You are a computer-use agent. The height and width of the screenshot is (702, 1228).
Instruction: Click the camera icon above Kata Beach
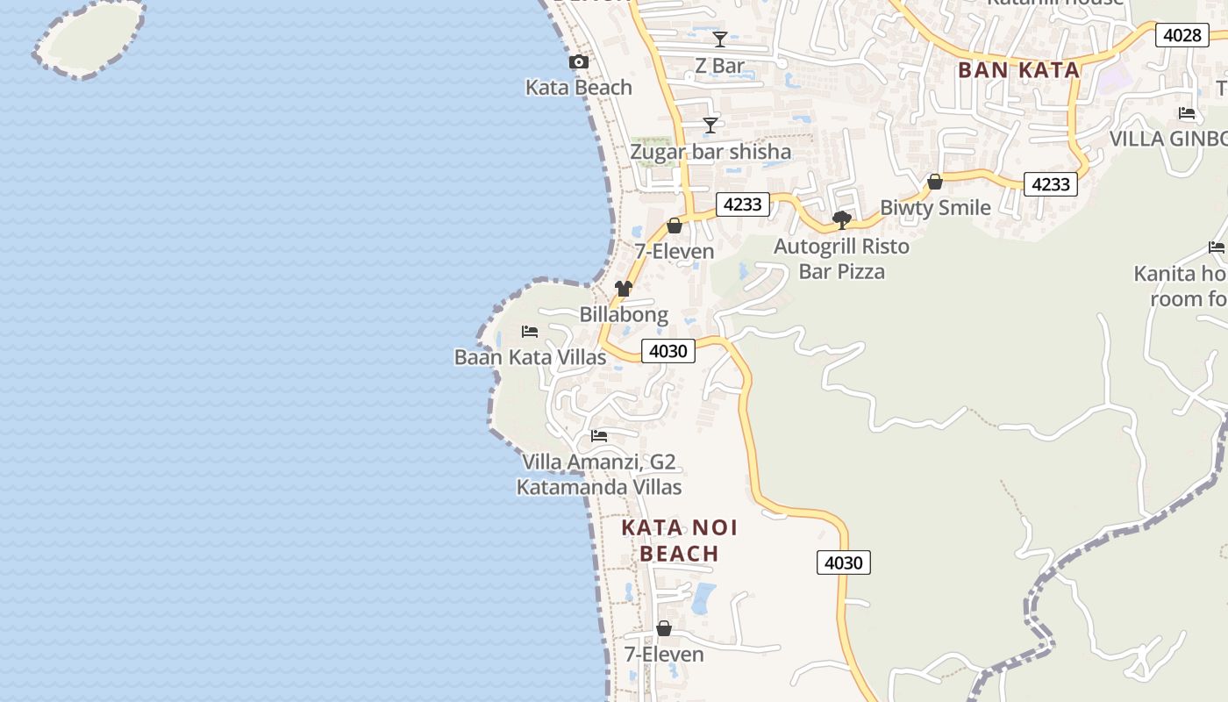[579, 62]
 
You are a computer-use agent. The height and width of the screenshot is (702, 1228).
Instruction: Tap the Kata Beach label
[579, 87]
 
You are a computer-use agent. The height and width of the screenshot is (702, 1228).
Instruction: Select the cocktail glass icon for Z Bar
[720, 39]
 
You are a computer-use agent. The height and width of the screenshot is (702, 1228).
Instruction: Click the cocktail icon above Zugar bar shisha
[710, 125]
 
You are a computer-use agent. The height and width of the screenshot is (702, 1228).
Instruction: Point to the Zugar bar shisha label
[710, 152]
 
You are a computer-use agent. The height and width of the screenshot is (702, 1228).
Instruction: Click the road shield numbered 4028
[1182, 35]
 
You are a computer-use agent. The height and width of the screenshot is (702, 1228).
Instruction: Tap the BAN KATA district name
[1018, 70]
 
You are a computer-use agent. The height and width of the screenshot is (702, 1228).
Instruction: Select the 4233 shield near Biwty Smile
[1050, 184]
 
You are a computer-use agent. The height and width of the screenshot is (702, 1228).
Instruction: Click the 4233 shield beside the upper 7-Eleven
[743, 204]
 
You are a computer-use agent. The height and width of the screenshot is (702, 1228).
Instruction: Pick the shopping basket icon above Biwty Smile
[935, 182]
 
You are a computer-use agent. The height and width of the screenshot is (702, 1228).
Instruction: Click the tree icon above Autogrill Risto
[842, 219]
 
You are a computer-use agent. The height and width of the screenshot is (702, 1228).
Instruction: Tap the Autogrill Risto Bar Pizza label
[842, 259]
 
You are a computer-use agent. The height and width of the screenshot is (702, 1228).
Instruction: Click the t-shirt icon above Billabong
[624, 289]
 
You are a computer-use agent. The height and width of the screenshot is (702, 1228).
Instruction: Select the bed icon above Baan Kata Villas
[530, 332]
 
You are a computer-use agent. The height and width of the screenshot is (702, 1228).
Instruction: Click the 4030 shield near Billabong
[668, 351]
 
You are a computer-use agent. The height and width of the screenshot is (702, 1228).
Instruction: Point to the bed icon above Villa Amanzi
[599, 435]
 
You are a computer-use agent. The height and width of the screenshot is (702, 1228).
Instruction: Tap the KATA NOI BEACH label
[680, 541]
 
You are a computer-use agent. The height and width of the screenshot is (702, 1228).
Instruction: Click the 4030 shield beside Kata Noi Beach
[844, 562]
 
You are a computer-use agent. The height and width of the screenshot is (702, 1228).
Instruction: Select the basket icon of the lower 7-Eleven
[664, 629]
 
